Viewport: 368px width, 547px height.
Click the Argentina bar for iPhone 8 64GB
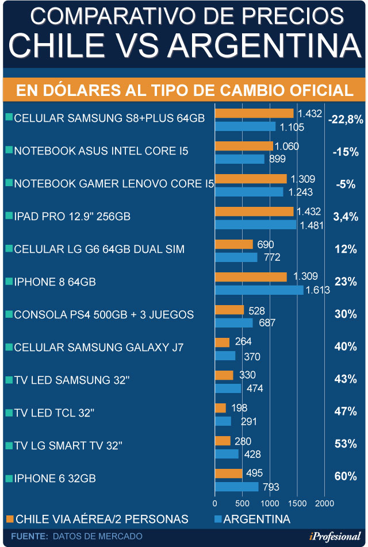[x=259, y=290]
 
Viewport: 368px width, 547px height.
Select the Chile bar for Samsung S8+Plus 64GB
[x=254, y=113]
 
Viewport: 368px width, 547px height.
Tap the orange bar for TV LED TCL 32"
[x=220, y=408]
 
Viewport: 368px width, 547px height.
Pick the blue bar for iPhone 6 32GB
[x=236, y=487]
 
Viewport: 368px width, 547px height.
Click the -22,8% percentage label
[x=346, y=120]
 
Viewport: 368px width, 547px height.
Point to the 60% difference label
[x=345, y=476]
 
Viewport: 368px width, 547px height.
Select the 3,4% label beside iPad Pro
[x=345, y=217]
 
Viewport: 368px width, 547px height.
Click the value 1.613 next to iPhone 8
[x=318, y=291]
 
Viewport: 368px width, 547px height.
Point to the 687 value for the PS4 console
[x=267, y=323]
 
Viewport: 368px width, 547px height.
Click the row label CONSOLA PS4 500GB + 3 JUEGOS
[x=103, y=315]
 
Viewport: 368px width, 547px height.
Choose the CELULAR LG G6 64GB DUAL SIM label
[x=99, y=249]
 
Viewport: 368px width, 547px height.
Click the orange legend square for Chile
[x=9, y=519]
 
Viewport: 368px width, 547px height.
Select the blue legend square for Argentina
[x=217, y=519]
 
